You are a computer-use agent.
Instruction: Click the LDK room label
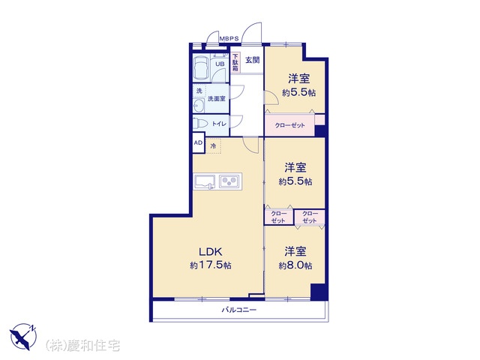(x=210, y=252)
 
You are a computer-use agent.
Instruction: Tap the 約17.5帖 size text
(x=210, y=265)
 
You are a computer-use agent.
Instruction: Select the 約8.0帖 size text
(x=295, y=265)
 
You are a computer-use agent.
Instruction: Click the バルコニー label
(x=239, y=310)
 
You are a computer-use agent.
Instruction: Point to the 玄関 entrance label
(x=253, y=60)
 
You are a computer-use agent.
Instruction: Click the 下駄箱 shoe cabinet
(x=235, y=63)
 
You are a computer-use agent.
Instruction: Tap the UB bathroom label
(x=220, y=64)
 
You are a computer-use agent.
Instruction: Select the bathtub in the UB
(x=201, y=67)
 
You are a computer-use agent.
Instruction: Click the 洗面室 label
(x=217, y=98)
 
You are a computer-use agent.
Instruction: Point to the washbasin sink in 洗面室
(x=199, y=106)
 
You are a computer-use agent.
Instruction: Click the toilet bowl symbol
(x=200, y=123)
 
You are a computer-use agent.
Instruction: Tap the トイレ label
(x=219, y=124)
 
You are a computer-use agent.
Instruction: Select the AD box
(x=198, y=142)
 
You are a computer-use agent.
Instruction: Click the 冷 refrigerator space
(x=213, y=145)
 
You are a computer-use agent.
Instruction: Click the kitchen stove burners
(x=229, y=181)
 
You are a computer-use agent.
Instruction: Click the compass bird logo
(x=23, y=337)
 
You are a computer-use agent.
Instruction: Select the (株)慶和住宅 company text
(x=82, y=346)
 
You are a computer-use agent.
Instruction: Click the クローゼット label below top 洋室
(x=289, y=125)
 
